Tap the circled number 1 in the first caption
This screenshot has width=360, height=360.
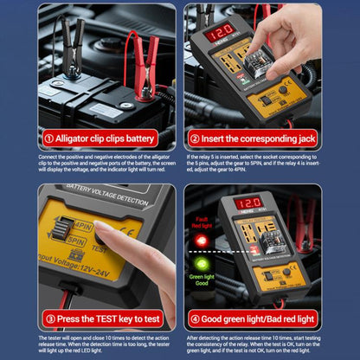[x=50, y=138]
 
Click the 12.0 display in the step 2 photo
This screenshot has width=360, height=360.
[x=218, y=32]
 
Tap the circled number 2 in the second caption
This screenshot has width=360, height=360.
[x=195, y=138]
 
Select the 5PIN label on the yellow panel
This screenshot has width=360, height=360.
[x=76, y=242]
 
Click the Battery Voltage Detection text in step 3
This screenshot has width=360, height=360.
[x=95, y=197]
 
